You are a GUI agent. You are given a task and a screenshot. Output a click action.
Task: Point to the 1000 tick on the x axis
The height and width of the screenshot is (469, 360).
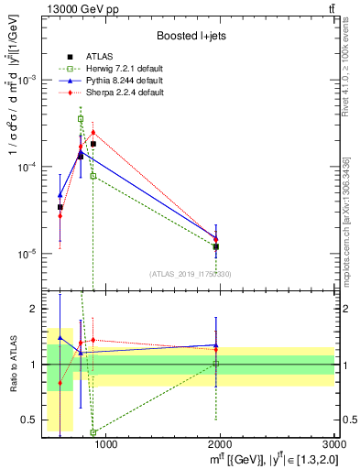pos(106,444)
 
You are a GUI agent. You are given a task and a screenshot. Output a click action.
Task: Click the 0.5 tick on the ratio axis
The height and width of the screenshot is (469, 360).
pos(33,420)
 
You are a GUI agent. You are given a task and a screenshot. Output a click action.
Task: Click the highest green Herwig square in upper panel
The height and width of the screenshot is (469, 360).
pos(81,119)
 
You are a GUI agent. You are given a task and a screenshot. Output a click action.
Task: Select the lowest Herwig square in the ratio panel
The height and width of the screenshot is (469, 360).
pos(93,432)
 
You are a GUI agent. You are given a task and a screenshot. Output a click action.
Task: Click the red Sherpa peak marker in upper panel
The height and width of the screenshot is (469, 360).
pos(93,132)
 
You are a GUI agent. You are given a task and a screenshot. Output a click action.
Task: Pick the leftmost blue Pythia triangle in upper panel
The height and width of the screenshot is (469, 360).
pos(60,195)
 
